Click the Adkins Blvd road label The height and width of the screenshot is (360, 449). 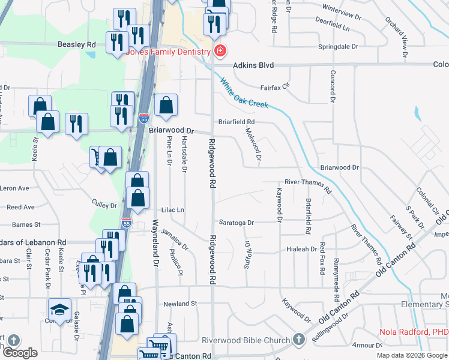[x=253, y=65]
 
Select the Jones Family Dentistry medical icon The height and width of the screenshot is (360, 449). [x=220, y=51]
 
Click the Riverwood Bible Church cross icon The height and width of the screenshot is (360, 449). [x=299, y=340]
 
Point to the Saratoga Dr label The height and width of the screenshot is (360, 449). [x=236, y=223]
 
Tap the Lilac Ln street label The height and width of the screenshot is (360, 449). [x=172, y=210]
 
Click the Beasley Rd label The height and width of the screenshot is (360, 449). [x=76, y=44]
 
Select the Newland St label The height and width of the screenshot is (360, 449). [x=180, y=304]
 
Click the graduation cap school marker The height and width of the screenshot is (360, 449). [x=59, y=310]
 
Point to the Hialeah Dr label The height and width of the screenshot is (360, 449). [x=301, y=248]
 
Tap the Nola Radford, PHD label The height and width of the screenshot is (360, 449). [x=414, y=332]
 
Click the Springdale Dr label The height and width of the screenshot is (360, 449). [x=339, y=46]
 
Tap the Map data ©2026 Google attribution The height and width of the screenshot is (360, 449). [x=412, y=355]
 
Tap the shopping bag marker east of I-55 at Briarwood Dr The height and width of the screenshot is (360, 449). [x=166, y=105]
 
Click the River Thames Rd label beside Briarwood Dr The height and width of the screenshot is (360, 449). [x=308, y=184]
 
